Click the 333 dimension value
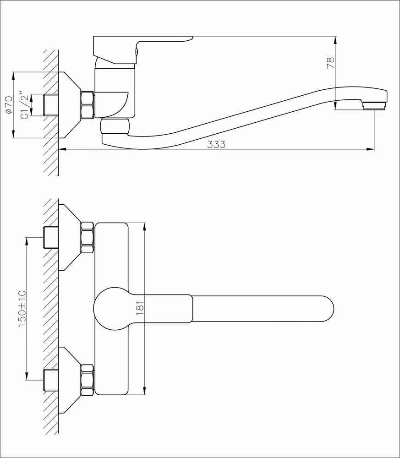pos(216,144)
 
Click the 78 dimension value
pos(330,63)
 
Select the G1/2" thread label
pos(25,105)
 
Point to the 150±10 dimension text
pos(22,308)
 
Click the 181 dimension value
pos(140,308)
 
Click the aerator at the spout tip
pos(375,105)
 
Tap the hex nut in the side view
pos(88,105)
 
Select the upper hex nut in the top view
pos(88,237)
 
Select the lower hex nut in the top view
pos(88,380)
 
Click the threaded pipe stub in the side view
pos(50,105)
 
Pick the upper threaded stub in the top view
pos(50,237)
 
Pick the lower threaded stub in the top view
pos(50,380)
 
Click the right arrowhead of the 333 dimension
pos(371,149)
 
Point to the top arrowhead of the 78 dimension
pos(335,40)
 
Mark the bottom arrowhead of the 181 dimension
pos(144,391)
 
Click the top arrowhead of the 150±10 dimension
pos(27,241)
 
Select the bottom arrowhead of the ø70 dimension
pos(13,134)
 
